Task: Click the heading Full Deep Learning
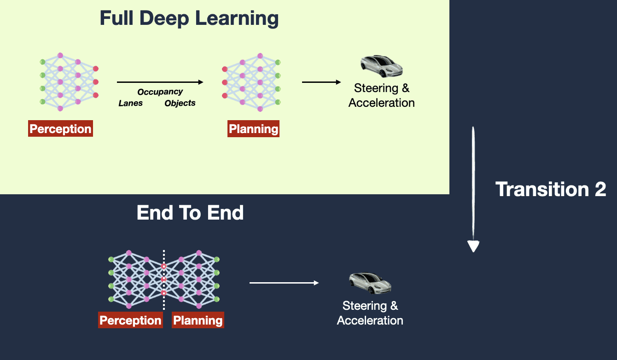tap(189, 19)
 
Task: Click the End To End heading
tap(190, 213)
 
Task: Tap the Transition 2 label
tap(551, 189)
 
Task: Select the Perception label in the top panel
tap(60, 129)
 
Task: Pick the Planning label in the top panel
tap(254, 129)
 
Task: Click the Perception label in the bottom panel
tap(130, 320)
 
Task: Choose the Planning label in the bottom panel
tap(198, 320)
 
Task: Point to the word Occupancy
tap(160, 92)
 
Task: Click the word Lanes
tap(131, 103)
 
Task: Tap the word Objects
tap(180, 103)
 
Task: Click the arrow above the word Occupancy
tap(160, 82)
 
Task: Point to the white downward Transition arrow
tap(473, 189)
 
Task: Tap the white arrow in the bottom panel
tap(284, 283)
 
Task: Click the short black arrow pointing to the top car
tap(321, 82)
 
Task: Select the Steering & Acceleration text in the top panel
tap(381, 95)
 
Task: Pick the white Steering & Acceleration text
tap(370, 313)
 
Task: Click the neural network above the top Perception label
tap(69, 82)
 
